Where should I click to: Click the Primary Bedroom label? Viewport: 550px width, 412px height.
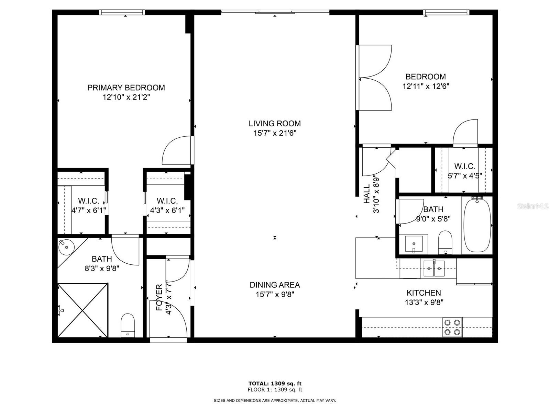pyautogui.click(x=126, y=88)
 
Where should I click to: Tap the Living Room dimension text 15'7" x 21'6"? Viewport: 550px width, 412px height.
pyautogui.click(x=275, y=133)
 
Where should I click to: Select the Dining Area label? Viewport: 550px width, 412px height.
pyautogui.click(x=275, y=285)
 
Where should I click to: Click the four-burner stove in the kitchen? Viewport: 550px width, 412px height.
pyautogui.click(x=452, y=327)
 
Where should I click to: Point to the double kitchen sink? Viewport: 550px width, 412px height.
pyautogui.click(x=434, y=268)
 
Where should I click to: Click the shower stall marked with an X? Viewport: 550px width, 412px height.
pyautogui.click(x=82, y=310)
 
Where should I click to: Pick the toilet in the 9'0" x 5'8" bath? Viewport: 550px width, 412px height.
pyautogui.click(x=445, y=241)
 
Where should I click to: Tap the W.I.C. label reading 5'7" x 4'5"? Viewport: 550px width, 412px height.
pyautogui.click(x=464, y=171)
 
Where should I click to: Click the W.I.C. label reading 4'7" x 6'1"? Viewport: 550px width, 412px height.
pyautogui.click(x=88, y=205)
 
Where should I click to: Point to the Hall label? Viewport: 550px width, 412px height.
pyautogui.click(x=367, y=194)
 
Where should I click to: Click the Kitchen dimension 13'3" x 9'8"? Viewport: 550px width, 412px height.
pyautogui.click(x=424, y=302)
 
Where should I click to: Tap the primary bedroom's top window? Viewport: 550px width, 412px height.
pyautogui.click(x=122, y=12)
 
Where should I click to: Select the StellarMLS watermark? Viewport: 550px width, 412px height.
pyautogui.click(x=533, y=206)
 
